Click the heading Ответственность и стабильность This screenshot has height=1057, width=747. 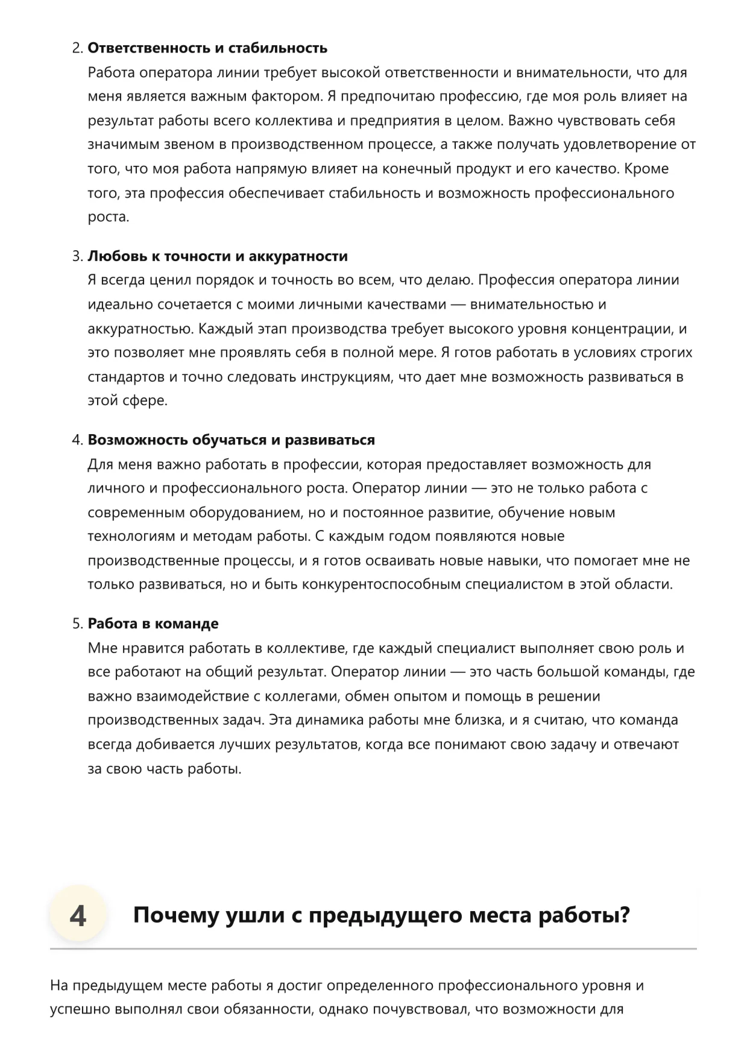coord(207,48)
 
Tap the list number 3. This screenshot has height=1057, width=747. coord(77,256)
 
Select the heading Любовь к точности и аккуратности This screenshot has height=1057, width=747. coord(218,256)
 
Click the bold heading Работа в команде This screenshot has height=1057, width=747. coord(153,623)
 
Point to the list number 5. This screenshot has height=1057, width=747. coord(77,623)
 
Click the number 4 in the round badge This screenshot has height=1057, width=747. coord(78,915)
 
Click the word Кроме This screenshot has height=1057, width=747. coord(646,169)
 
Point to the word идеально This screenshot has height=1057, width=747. coord(121,304)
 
